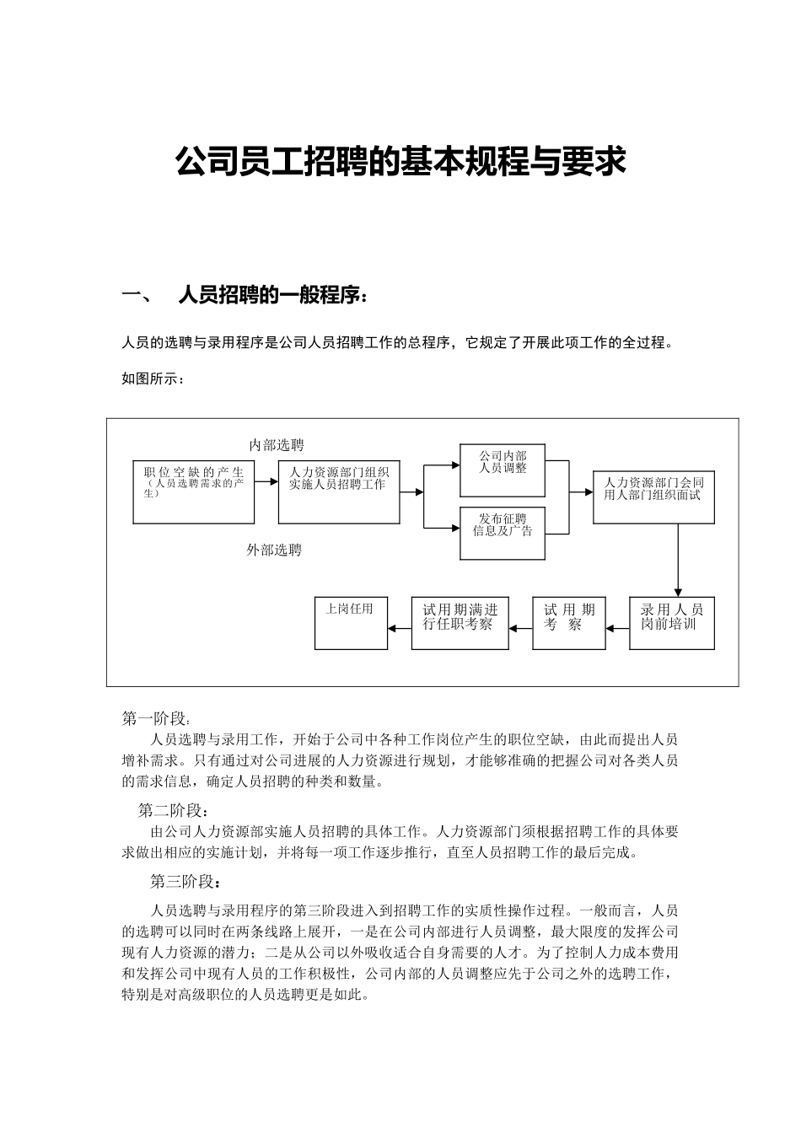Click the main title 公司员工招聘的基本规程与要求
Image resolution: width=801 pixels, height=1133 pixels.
tap(400, 161)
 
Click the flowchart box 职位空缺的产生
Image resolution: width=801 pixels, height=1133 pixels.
tap(194, 491)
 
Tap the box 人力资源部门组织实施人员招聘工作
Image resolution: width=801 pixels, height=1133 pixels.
tap(339, 491)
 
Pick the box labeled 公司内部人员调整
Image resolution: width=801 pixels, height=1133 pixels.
tap(503, 470)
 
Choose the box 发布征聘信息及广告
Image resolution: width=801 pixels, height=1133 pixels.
tap(503, 533)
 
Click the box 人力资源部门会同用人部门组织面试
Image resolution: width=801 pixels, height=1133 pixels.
tap(653, 497)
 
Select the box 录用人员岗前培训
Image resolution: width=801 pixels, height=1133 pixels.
tap(671, 623)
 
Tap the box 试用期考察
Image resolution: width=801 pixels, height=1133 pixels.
tap(568, 623)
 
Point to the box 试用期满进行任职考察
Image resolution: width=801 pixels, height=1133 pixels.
tap(460, 623)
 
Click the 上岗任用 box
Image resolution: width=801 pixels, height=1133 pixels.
tap(351, 623)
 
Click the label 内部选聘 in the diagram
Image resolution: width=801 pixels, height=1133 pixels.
tap(277, 445)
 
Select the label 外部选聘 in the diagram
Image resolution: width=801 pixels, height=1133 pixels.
tap(274, 550)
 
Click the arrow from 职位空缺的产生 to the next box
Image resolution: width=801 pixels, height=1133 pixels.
tap(266, 481)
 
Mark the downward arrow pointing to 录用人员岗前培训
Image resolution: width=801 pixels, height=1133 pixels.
tap(678, 561)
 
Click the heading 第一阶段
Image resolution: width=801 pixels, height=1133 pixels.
tap(156, 719)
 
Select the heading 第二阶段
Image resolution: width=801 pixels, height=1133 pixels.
tap(172, 811)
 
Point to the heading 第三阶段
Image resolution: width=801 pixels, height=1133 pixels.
tap(185, 882)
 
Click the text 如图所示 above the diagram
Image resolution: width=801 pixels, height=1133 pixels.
tap(153, 379)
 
